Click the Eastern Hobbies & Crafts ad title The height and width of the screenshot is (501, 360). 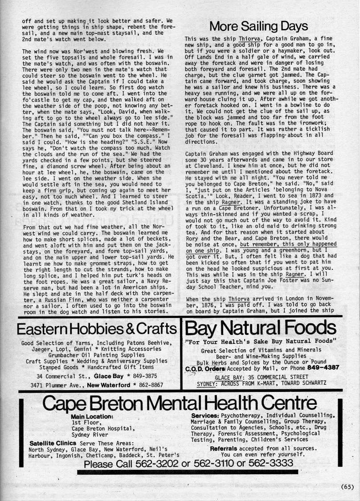pos(96,330)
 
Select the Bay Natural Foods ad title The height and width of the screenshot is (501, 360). pos(261,329)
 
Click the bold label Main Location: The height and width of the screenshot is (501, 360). pos(92,416)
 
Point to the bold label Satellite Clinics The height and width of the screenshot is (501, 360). pos(53,443)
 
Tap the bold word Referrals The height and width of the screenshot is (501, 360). pos(226,448)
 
